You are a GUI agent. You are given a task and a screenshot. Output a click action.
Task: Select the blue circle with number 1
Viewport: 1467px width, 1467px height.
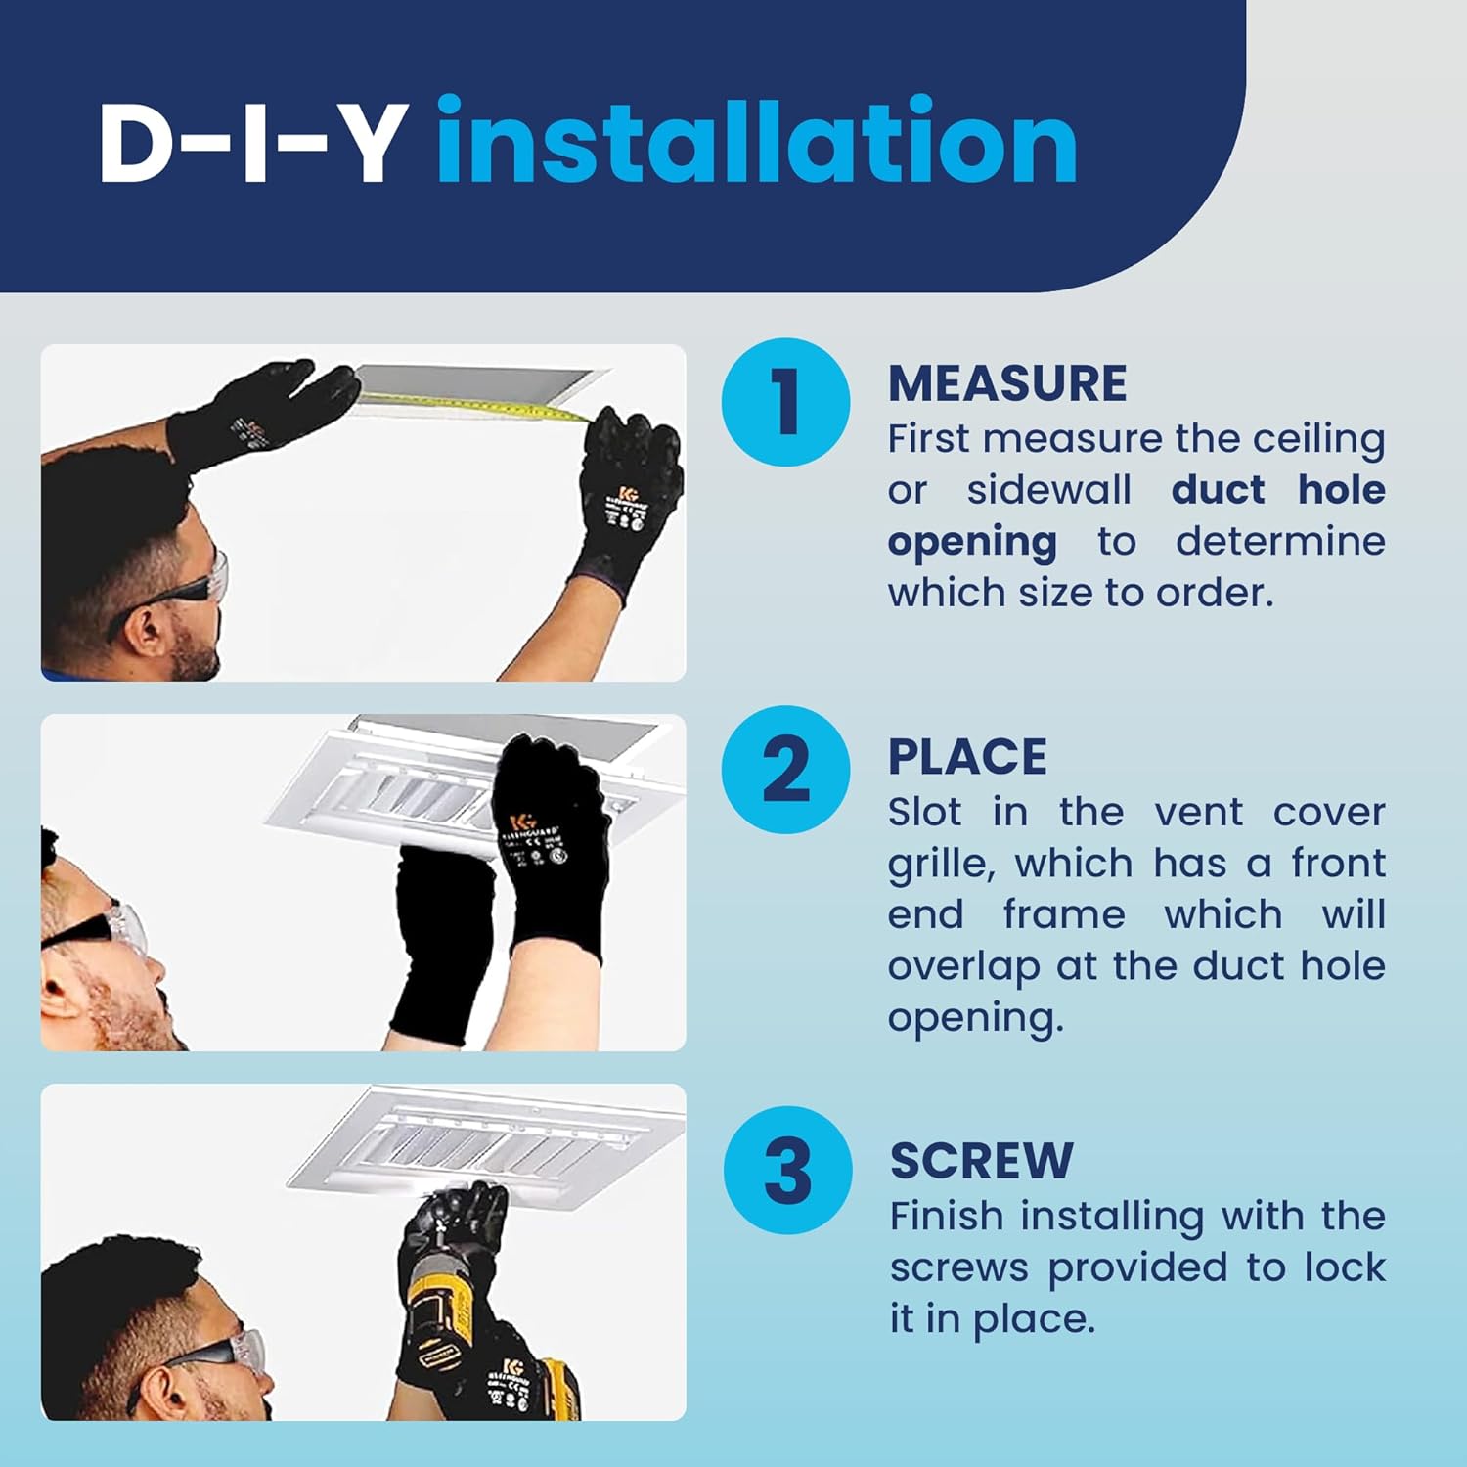pyautogui.click(x=786, y=402)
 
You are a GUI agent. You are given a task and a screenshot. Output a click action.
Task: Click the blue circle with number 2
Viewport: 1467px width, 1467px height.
pyautogui.click(x=786, y=770)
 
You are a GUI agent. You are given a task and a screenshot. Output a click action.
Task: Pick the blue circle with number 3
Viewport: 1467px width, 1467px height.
pyautogui.click(x=788, y=1170)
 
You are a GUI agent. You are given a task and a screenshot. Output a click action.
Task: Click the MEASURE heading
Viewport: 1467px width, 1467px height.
pyautogui.click(x=1007, y=382)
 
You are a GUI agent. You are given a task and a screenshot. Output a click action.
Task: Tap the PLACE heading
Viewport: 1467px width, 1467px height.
pyautogui.click(x=967, y=757)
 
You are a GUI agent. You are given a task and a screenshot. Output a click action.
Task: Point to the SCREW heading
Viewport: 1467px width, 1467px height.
pyautogui.click(x=981, y=1161)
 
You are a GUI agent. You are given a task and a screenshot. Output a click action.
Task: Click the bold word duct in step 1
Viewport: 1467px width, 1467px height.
pyautogui.click(x=1219, y=489)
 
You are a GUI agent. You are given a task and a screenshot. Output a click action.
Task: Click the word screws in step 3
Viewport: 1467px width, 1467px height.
pyautogui.click(x=959, y=1268)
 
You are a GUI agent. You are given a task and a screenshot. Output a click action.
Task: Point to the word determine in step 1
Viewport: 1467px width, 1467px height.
pyautogui.click(x=1280, y=541)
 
